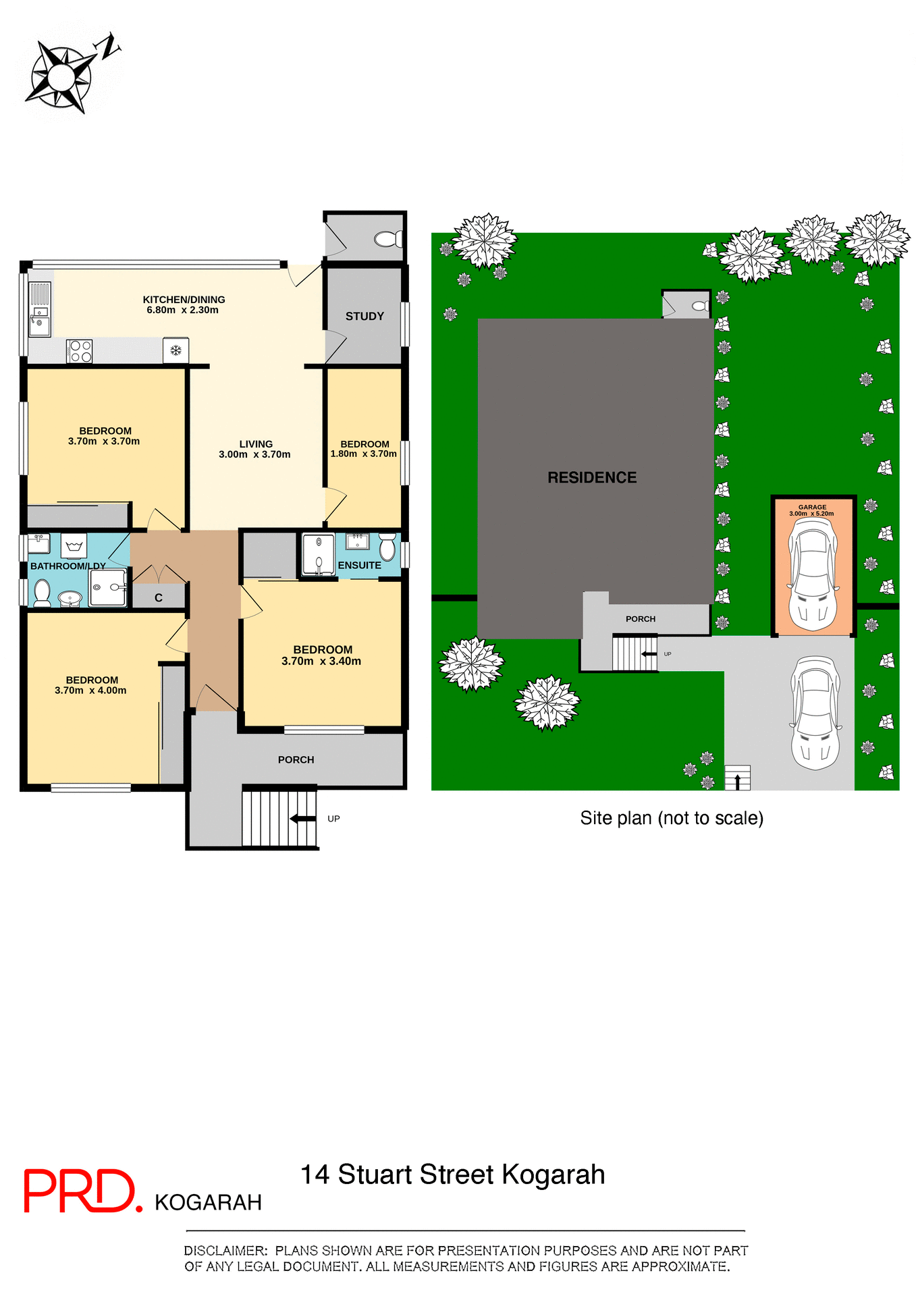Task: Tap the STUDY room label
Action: click(x=365, y=316)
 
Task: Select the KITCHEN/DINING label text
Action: click(x=184, y=300)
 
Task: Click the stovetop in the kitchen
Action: click(x=80, y=351)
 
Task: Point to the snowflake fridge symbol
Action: click(x=176, y=350)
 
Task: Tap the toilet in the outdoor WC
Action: click(x=388, y=239)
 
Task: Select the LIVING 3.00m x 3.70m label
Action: click(x=255, y=449)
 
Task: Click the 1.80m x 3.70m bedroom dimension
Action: click(x=364, y=454)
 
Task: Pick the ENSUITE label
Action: click(x=359, y=566)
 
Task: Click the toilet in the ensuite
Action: click(x=387, y=546)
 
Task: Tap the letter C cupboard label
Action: click(x=159, y=598)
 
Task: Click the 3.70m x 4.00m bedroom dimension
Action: click(x=90, y=691)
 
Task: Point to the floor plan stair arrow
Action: click(x=302, y=819)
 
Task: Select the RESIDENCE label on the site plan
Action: click(x=592, y=478)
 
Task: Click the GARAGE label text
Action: click(x=812, y=507)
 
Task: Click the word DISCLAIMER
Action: click(x=225, y=1251)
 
